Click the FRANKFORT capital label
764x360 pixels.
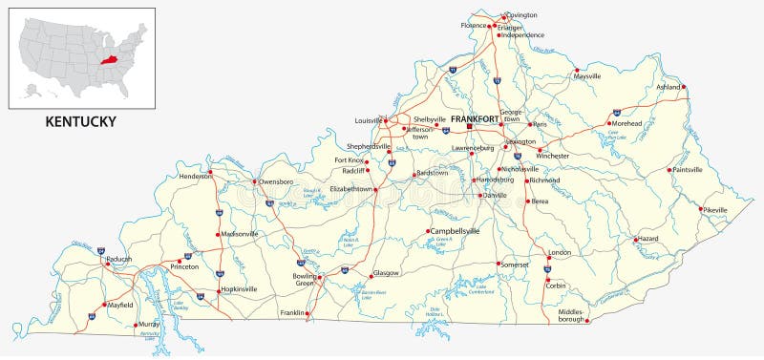point(475,118)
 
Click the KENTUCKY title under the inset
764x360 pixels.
point(81,121)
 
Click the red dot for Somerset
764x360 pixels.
point(497,264)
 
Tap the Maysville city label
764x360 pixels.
point(588,75)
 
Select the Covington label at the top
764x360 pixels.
point(522,15)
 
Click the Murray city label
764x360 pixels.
point(148,325)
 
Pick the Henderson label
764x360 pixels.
point(194,177)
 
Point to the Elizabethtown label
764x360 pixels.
point(350,189)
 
